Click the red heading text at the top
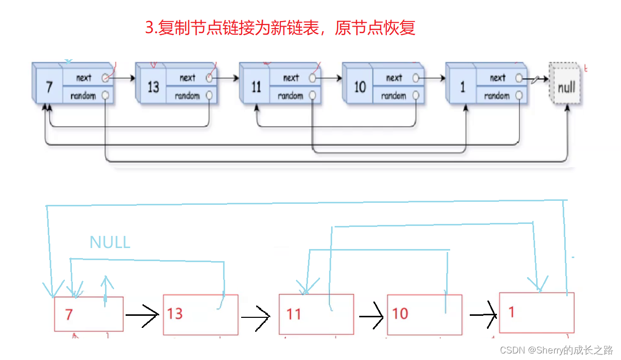click(280, 28)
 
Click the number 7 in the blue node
click(49, 87)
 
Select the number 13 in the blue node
click(153, 87)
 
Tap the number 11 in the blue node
click(256, 87)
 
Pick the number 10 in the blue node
click(360, 87)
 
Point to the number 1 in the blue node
click(463, 87)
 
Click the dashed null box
click(566, 87)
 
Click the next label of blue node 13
click(187, 78)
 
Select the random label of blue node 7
click(83, 95)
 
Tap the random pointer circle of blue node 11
click(313, 95)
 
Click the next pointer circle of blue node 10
click(416, 78)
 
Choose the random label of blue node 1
click(497, 95)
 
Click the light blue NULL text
click(110, 242)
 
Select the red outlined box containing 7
click(88, 314)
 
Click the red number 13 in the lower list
click(175, 314)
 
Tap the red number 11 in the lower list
click(293, 314)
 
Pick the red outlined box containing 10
click(424, 315)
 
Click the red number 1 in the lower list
click(511, 312)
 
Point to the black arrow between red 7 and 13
click(143, 315)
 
